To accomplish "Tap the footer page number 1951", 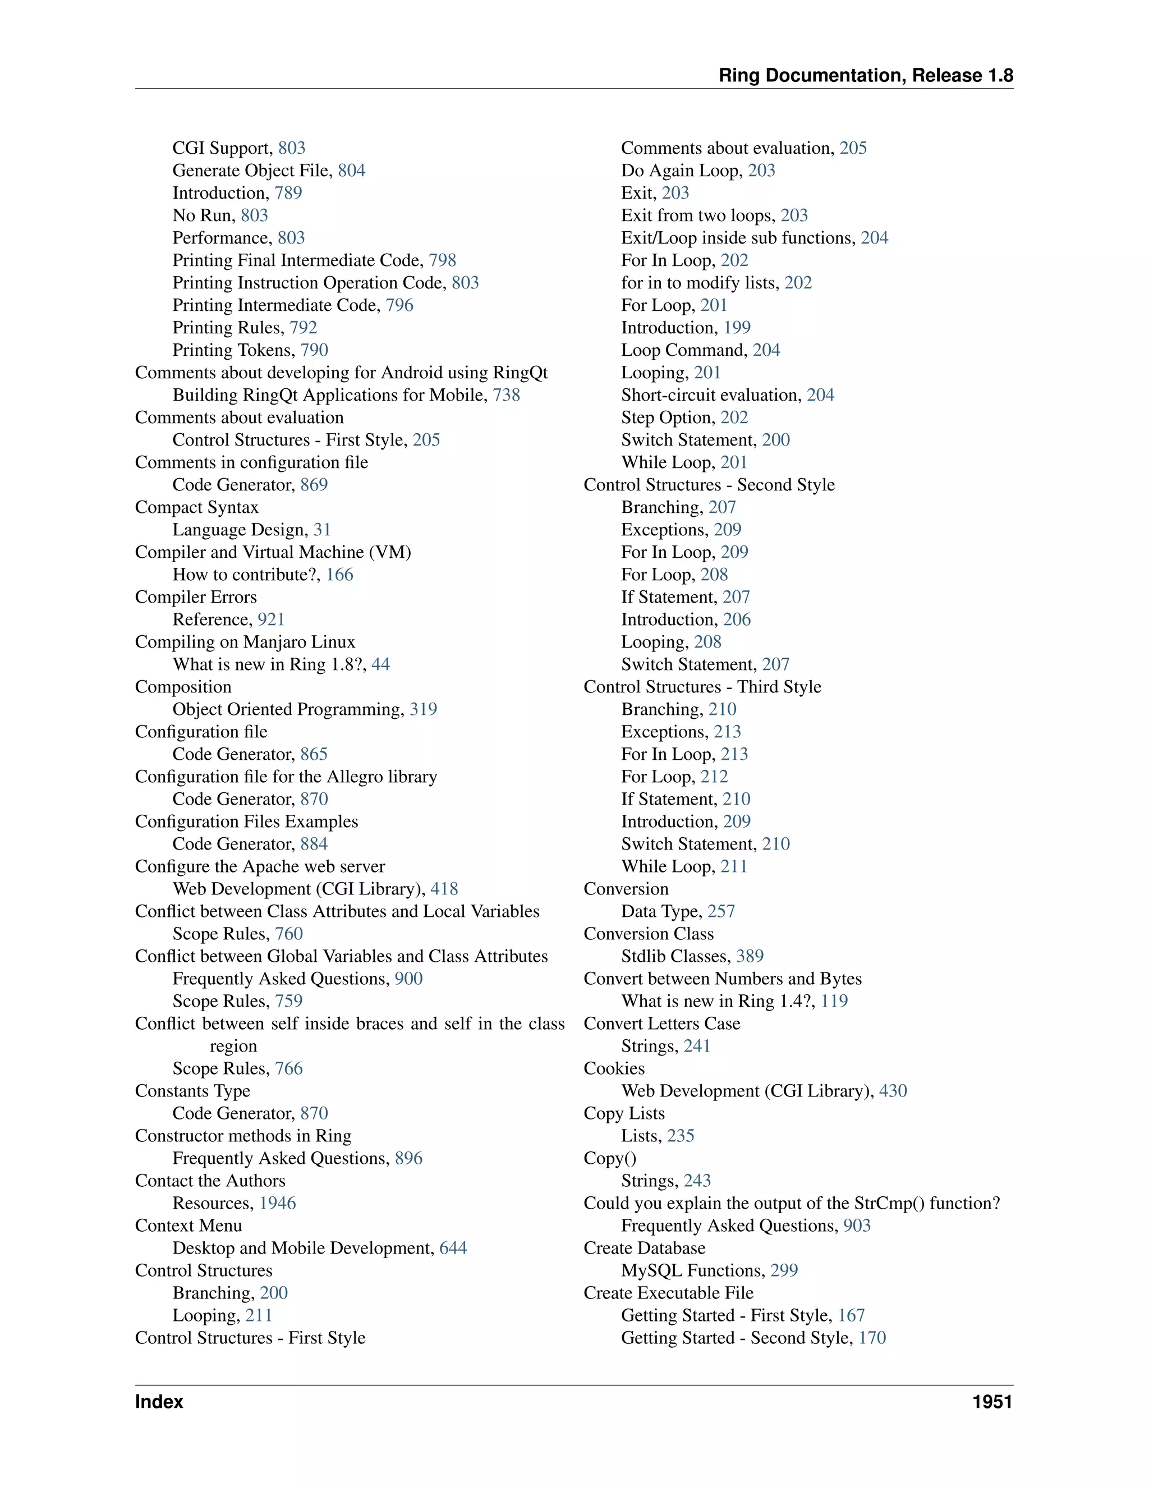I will (x=992, y=1401).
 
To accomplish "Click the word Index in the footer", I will (x=159, y=1401).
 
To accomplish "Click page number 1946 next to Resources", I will (x=278, y=1203).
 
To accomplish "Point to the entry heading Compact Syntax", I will (x=197, y=507).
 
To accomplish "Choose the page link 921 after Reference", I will (x=271, y=619).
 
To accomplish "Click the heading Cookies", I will (x=614, y=1068).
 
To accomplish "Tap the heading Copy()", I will (x=610, y=1158).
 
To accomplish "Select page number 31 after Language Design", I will (x=322, y=530).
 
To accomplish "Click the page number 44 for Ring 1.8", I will (x=380, y=664).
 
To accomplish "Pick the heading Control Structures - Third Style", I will (x=702, y=686).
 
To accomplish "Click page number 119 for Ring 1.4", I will (x=834, y=1001).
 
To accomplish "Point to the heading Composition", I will (x=183, y=686).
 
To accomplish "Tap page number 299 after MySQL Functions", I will (x=784, y=1270).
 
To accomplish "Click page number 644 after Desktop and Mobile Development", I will (x=453, y=1248).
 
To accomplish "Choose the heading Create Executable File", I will (x=668, y=1293).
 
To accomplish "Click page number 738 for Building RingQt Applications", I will (x=507, y=395).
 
